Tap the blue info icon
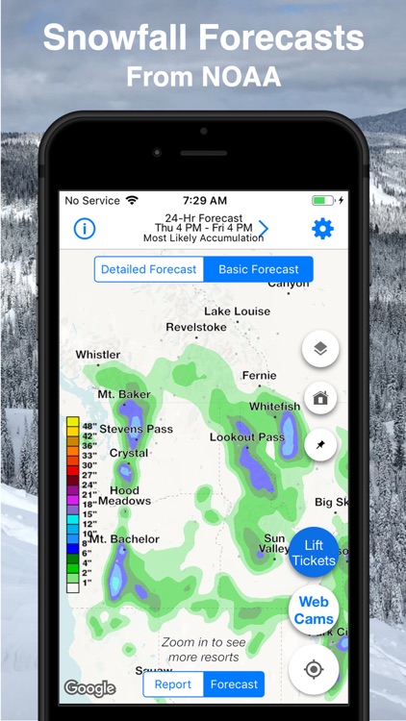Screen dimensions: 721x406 (x=85, y=229)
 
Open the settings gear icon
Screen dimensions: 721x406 (x=322, y=229)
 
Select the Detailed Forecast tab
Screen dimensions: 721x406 (x=149, y=269)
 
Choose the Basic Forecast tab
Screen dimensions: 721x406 (x=258, y=269)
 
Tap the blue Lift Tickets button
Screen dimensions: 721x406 (x=314, y=553)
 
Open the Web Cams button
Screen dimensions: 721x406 (x=314, y=610)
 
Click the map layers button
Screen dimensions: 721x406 (x=320, y=349)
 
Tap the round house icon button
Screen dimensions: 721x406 (x=320, y=397)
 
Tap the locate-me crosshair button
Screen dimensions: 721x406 (x=314, y=669)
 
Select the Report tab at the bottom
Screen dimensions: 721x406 (x=173, y=684)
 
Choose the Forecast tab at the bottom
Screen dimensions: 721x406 (x=234, y=684)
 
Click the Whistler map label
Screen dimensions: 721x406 (x=98, y=355)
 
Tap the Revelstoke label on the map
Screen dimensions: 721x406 (x=196, y=327)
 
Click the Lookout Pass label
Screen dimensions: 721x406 (x=247, y=437)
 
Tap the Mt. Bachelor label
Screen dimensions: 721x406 (x=124, y=539)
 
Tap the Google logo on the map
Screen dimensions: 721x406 (x=89, y=687)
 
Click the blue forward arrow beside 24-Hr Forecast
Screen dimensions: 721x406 (x=263, y=229)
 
